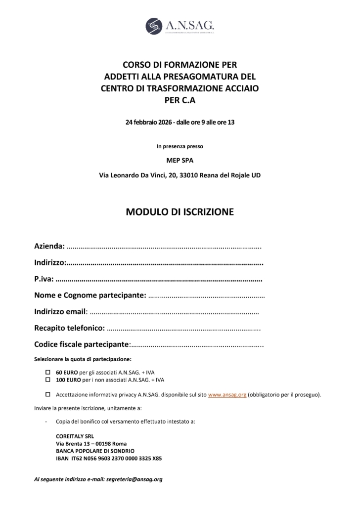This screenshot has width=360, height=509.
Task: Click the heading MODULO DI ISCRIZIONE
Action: [x=180, y=212]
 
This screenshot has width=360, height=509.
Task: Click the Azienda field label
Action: [x=49, y=246]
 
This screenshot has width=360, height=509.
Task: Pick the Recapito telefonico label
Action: [x=69, y=328]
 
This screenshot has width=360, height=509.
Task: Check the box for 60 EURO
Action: [x=48, y=372]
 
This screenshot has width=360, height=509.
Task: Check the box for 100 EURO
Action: [x=48, y=380]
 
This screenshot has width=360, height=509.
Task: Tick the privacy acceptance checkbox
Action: [x=48, y=394]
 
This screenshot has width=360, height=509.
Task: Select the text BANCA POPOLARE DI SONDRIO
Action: [x=94, y=451]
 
